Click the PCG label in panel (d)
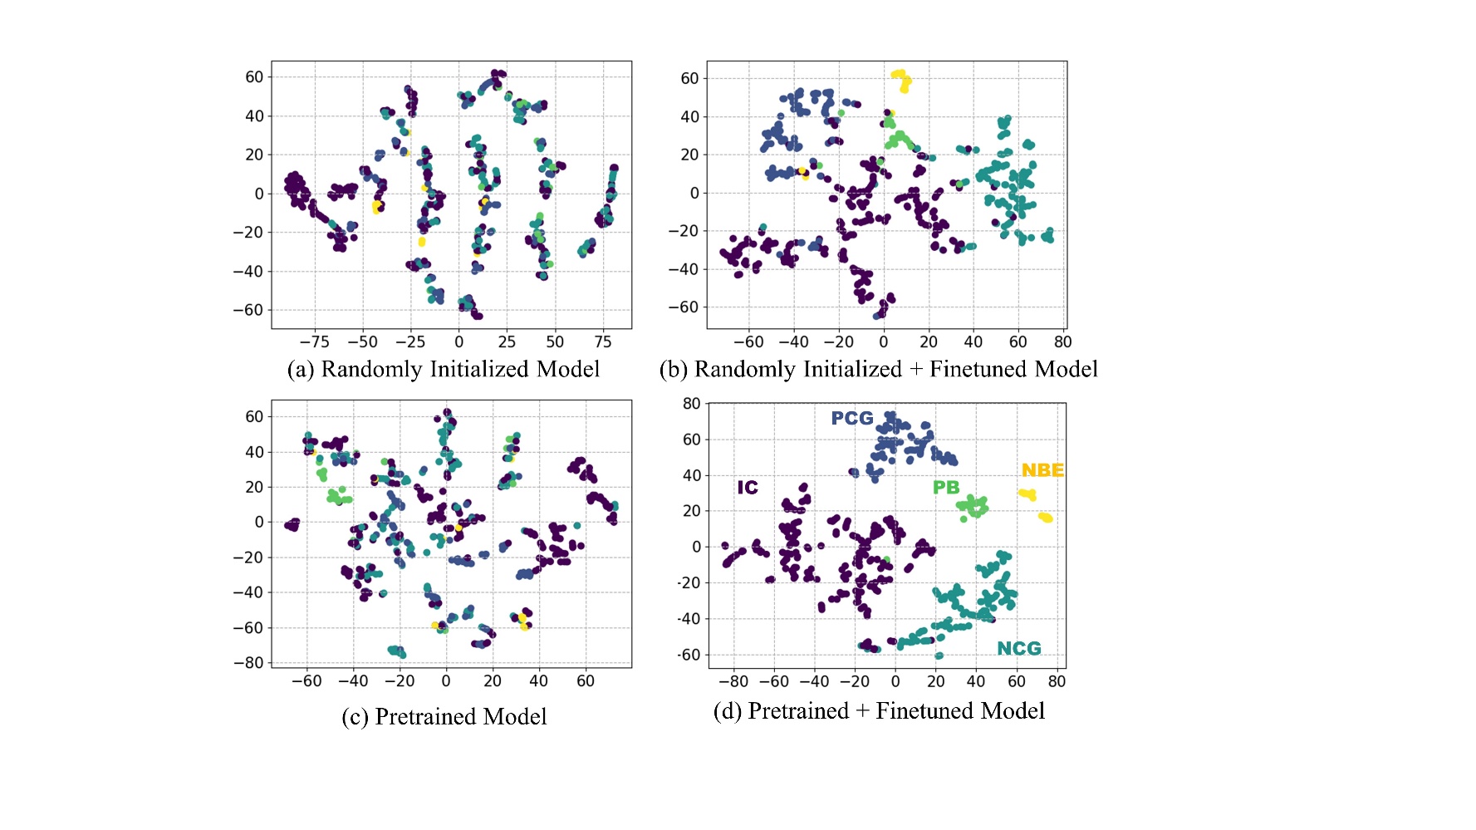(x=852, y=418)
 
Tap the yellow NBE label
(x=1042, y=470)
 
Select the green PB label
(x=946, y=488)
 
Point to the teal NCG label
(x=1018, y=648)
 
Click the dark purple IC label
(x=748, y=488)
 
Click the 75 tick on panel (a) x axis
(x=603, y=341)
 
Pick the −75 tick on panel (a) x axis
(x=314, y=341)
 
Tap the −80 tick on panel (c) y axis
(x=248, y=663)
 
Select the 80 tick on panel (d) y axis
(x=691, y=404)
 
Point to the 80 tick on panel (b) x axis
(x=1062, y=341)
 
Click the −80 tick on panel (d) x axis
(x=733, y=681)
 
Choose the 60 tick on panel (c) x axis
(x=585, y=681)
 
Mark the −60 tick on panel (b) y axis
(x=684, y=307)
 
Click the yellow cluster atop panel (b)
(x=901, y=80)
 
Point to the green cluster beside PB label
(x=973, y=506)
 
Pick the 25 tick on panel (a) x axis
(x=507, y=341)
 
